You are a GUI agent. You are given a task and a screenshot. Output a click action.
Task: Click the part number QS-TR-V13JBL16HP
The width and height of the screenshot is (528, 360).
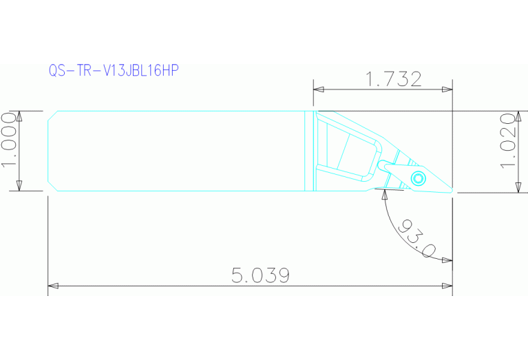(114, 71)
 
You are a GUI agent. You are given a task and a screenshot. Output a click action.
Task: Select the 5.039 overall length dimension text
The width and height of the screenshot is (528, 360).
(260, 275)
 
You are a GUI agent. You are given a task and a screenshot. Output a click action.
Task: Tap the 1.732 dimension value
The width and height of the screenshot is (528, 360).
(394, 79)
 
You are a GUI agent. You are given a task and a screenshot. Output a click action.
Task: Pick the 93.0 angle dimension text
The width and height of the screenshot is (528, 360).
(418, 240)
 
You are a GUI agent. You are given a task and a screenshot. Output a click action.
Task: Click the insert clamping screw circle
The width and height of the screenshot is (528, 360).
(418, 179)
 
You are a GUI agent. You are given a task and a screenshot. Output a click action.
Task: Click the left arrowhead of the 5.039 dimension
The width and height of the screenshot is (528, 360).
(52, 285)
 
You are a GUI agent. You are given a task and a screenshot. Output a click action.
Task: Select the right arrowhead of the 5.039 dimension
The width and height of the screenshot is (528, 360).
(448, 285)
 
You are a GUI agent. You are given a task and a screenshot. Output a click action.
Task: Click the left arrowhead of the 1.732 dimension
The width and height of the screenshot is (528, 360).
(317, 89)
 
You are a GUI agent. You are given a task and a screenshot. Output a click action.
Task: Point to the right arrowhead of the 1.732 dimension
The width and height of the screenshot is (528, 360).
(448, 89)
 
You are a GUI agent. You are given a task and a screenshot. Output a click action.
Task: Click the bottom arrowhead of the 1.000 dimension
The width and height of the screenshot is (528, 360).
(19, 187)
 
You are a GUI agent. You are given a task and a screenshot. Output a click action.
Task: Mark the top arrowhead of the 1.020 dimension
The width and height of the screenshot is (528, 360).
(518, 115)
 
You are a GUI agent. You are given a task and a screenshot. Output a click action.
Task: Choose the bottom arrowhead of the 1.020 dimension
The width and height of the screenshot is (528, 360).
(518, 189)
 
